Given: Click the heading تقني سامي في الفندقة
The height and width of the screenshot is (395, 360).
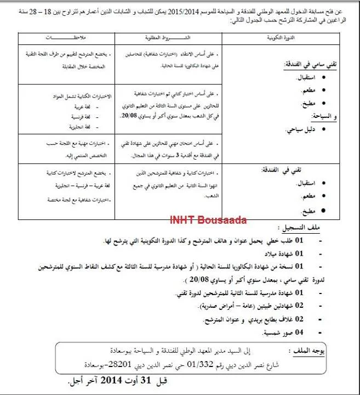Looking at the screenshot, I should (x=313, y=64).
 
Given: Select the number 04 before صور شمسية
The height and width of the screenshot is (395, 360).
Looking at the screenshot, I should (x=299, y=332).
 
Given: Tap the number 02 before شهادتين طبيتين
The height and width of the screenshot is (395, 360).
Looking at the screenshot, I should (x=299, y=305).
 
